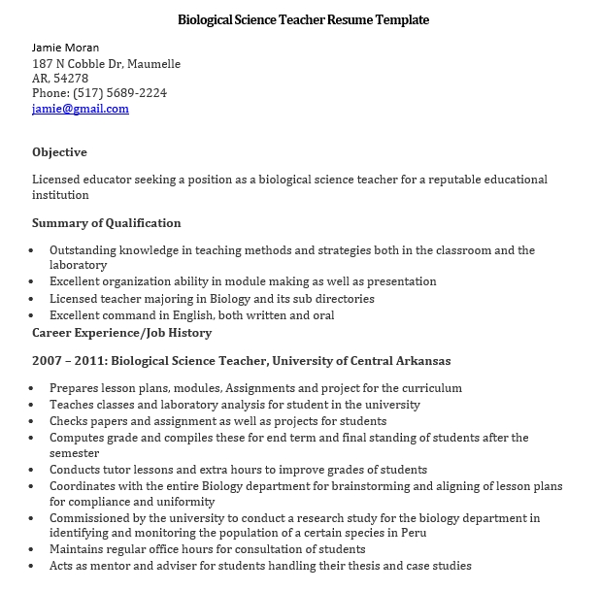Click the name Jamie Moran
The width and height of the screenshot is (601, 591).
click(x=65, y=48)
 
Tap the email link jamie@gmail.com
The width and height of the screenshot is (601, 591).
click(x=81, y=109)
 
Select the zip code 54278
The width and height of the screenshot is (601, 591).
click(x=73, y=79)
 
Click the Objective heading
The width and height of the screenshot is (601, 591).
click(x=59, y=152)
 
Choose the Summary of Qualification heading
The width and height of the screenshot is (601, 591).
click(x=107, y=223)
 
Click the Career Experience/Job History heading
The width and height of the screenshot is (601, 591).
click(x=121, y=333)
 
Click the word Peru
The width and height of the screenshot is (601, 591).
click(x=411, y=533)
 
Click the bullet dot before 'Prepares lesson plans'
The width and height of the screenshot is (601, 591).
click(x=34, y=388)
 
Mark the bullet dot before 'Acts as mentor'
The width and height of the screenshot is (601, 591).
click(x=34, y=566)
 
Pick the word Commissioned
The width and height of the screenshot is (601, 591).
click(x=94, y=518)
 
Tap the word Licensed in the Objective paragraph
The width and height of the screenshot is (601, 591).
click(x=56, y=180)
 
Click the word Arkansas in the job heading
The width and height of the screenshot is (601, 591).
click(x=417, y=361)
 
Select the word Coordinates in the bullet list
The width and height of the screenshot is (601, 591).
click(x=86, y=486)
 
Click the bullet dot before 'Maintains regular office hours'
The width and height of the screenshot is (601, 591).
click(x=34, y=550)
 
